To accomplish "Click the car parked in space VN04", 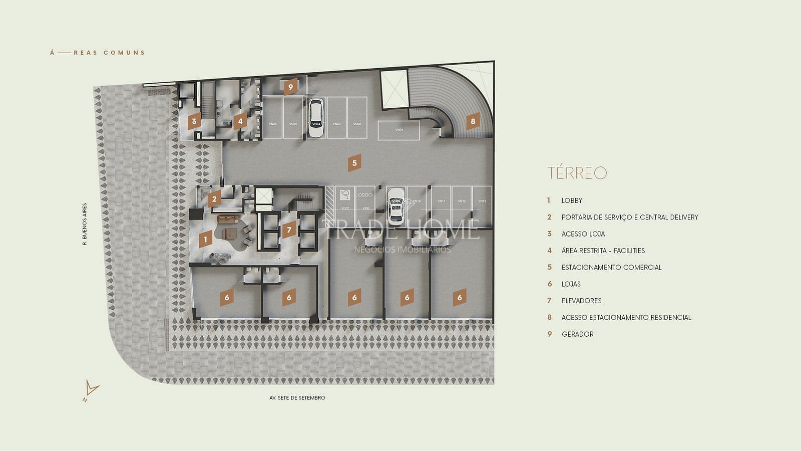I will (315, 118).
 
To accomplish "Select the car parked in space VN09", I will (396, 206).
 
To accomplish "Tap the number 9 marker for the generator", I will (290, 87).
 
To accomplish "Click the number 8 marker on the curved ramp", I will (473, 121).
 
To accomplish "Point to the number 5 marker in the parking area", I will (354, 163).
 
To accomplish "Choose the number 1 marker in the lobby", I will (205, 240).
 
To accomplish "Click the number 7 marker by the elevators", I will (289, 231).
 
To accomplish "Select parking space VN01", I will (398, 130).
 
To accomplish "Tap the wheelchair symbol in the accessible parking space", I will (344, 195).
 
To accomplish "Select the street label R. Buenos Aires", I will (85, 224).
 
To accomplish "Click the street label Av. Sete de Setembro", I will (297, 398).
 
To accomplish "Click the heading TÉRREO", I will (577, 173).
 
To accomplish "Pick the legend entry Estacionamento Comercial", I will (611, 268).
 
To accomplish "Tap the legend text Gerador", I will (577, 334).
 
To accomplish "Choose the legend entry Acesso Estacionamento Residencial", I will (626, 318).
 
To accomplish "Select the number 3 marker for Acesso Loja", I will (194, 121).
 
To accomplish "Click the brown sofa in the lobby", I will (228, 218).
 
